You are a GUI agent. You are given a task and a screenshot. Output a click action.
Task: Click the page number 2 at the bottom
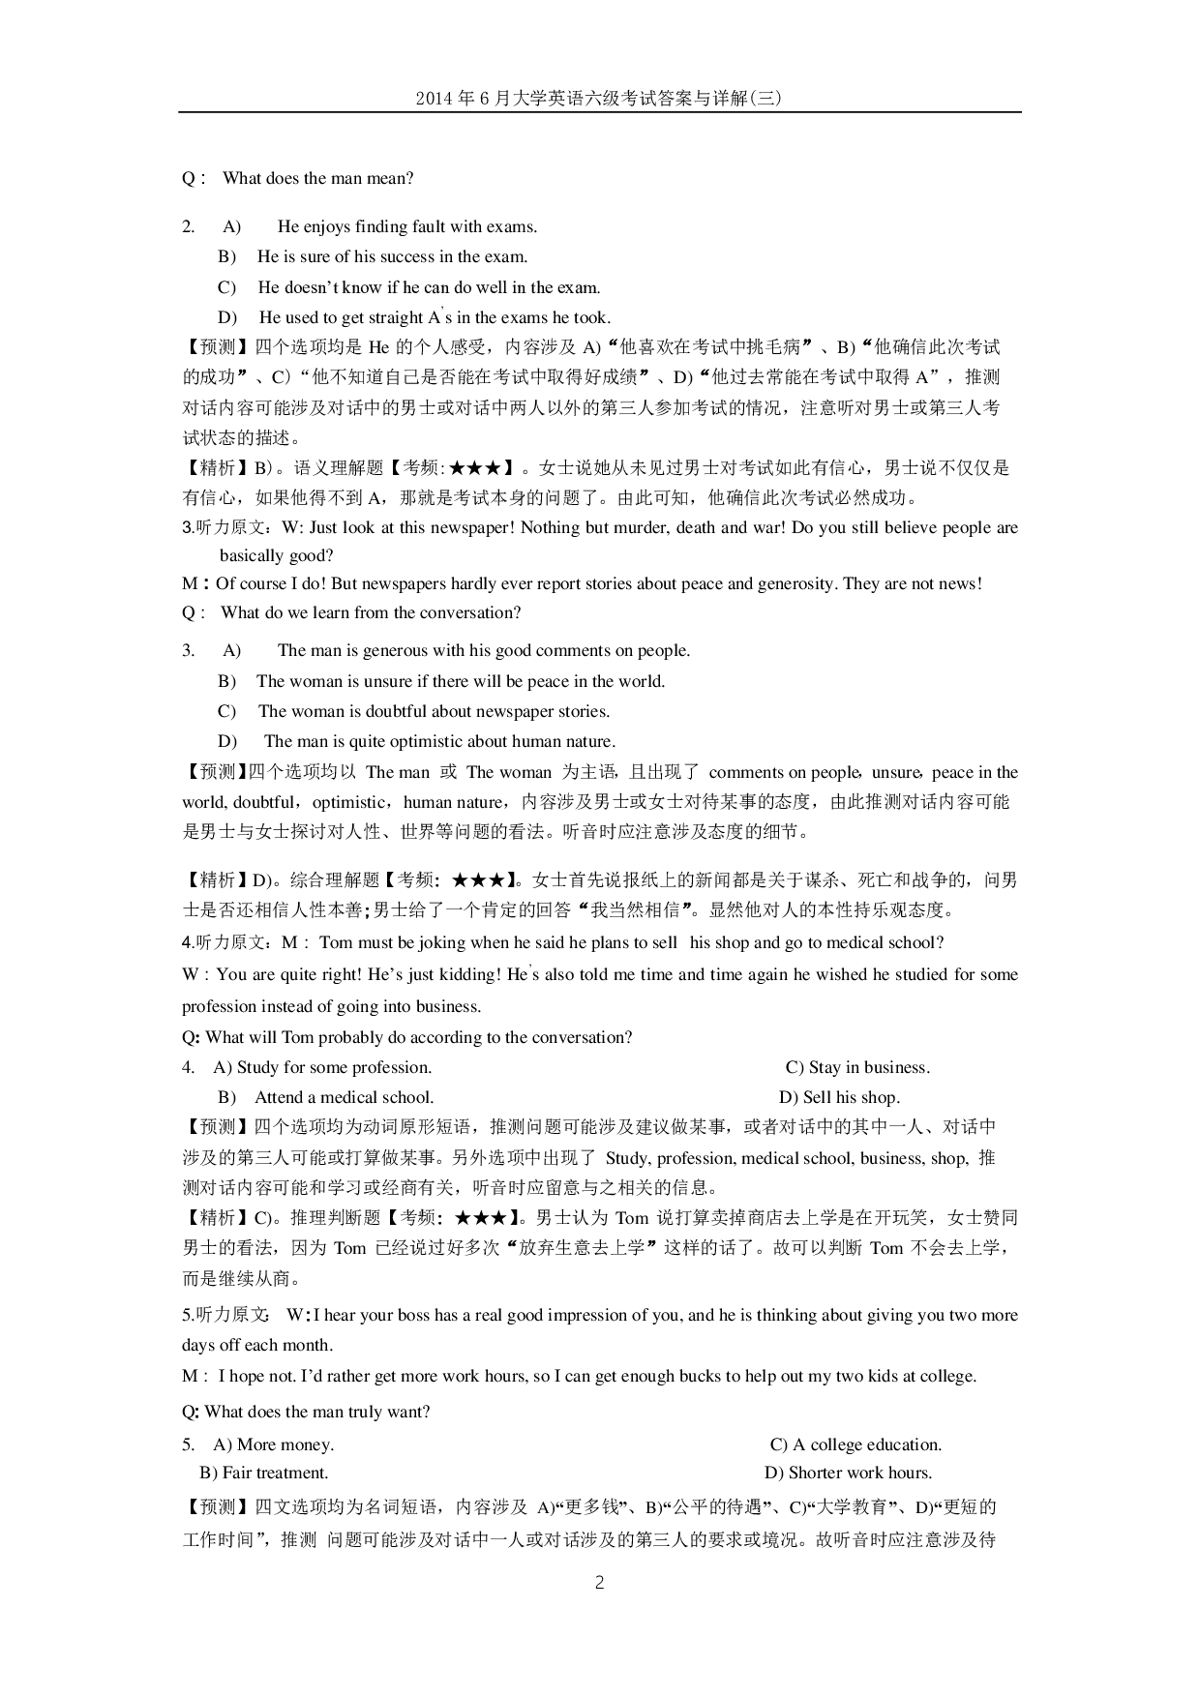pos(599,1583)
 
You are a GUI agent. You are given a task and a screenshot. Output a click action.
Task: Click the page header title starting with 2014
pos(598,98)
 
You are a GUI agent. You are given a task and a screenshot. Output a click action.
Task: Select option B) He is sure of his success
pos(374,256)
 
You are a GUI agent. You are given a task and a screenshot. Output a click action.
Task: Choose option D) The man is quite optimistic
pos(417,742)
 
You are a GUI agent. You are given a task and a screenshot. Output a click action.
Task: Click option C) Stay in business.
pos(857,1067)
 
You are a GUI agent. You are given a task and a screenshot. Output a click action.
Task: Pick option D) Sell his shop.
pos(839,1097)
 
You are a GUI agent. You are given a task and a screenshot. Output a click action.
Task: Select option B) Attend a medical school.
pos(326,1097)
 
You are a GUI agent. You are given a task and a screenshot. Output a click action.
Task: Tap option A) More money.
pos(274,1444)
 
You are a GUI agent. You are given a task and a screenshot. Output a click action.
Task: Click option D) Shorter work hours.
pos(848,1473)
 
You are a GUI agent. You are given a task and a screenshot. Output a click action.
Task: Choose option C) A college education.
pos(855,1444)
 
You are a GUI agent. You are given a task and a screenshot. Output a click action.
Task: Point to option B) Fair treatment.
pos(264,1473)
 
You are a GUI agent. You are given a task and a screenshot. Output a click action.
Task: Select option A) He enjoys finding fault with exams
pos(379,226)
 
